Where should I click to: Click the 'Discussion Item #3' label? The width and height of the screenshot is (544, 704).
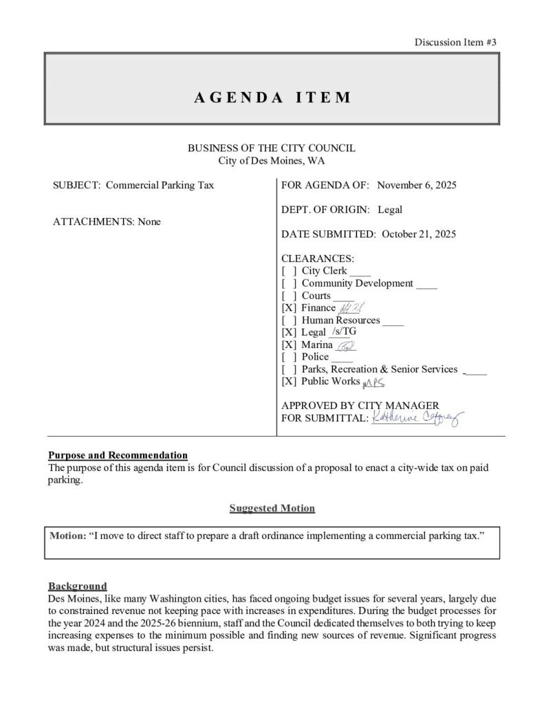(455, 42)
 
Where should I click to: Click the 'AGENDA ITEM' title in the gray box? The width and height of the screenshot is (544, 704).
(272, 97)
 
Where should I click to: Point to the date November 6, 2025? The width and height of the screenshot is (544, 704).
(417, 185)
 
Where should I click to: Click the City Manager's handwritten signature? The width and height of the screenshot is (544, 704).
(418, 417)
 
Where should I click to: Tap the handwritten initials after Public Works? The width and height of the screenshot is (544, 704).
(373, 383)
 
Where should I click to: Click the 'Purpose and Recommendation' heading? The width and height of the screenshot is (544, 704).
(118, 455)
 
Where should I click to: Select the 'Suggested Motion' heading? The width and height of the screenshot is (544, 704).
(272, 508)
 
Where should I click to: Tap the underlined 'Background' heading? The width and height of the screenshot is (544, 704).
(77, 586)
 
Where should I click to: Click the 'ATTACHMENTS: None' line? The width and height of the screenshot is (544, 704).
(107, 222)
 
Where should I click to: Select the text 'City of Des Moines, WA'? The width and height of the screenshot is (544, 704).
(272, 161)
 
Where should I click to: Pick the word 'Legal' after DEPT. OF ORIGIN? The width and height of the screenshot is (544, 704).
(390, 210)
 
